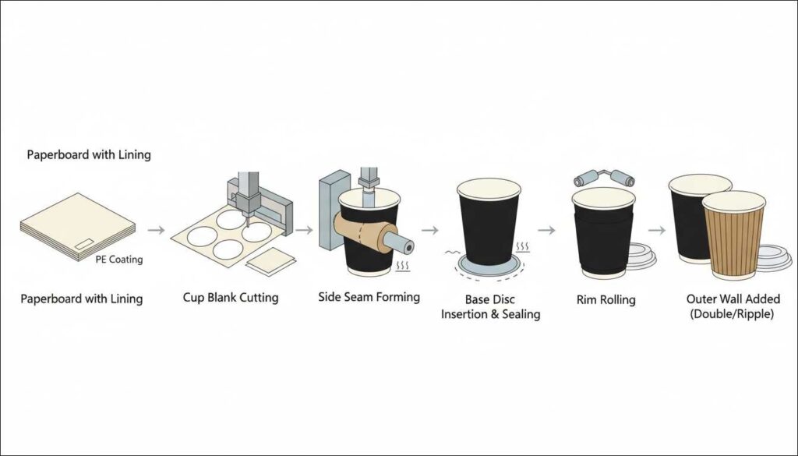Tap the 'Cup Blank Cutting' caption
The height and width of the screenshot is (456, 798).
[x=230, y=298]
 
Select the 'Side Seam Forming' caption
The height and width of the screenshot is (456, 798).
[x=369, y=297]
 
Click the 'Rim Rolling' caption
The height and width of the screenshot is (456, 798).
[x=606, y=299]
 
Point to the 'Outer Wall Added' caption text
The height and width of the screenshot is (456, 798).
[x=733, y=299]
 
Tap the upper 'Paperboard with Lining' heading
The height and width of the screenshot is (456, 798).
[x=89, y=155]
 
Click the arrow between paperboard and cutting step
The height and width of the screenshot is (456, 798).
[x=157, y=230]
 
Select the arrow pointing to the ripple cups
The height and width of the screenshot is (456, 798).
[x=657, y=230]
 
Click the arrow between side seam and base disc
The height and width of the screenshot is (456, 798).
[x=429, y=230]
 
